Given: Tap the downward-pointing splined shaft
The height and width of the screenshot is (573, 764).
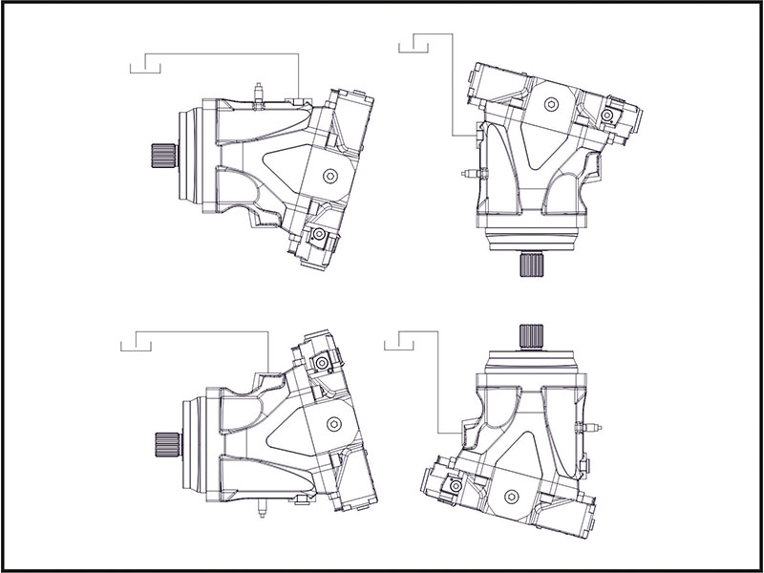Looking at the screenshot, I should (x=531, y=265).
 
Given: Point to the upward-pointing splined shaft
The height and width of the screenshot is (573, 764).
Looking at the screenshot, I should (x=531, y=335).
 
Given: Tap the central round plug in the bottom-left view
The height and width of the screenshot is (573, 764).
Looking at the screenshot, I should (x=331, y=423).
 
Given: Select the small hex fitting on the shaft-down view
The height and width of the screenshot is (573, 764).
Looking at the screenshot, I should (x=607, y=116).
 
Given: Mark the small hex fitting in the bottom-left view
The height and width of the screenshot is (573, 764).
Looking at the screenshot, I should (x=324, y=364).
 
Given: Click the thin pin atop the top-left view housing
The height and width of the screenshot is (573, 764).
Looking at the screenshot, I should (x=259, y=92).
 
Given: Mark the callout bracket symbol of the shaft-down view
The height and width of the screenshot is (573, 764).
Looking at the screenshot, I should (x=416, y=42).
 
